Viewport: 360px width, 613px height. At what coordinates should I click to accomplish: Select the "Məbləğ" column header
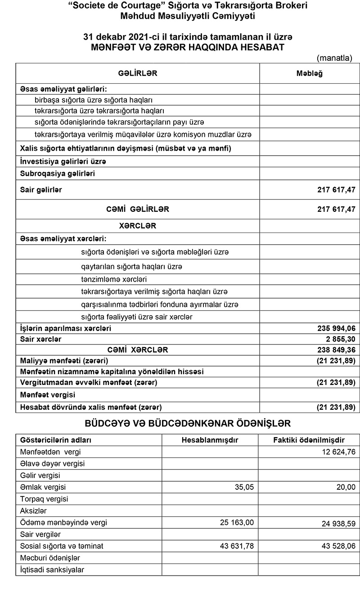tap(309, 73)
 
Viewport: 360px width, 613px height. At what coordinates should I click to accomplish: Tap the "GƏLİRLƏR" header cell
tap(138, 73)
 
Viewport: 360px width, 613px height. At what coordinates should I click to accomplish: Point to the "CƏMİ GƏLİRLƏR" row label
tap(138, 209)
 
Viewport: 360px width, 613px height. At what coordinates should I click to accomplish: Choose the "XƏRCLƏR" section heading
tap(137, 226)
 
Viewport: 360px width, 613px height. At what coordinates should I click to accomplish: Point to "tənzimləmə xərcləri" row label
tap(111, 279)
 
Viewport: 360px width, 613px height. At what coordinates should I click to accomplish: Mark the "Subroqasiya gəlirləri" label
tap(58, 173)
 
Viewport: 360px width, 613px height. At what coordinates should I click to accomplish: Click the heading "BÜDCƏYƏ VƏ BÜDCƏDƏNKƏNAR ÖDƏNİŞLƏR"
tap(188, 423)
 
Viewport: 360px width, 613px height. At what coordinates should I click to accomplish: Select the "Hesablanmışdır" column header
tap(210, 439)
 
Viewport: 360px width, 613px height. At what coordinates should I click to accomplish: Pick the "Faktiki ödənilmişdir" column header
tap(309, 439)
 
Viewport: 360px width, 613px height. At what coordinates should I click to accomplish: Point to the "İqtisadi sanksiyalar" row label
tap(52, 570)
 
